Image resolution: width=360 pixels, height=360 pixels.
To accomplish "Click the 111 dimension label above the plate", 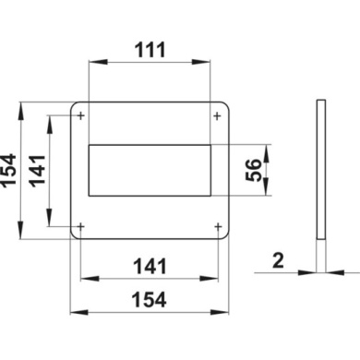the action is click(150, 50).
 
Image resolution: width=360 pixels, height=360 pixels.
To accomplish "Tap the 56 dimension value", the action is click(254, 170).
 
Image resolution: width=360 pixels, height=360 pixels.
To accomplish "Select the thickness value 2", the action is click(278, 261).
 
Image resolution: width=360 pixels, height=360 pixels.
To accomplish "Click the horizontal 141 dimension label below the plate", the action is click(150, 267).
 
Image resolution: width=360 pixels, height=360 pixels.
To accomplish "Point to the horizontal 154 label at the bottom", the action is click(150, 300).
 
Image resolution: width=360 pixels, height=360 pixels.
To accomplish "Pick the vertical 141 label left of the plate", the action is click(38, 171).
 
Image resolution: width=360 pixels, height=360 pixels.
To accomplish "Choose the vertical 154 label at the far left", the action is click(8, 170).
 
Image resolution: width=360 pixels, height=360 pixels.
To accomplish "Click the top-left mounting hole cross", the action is click(80, 116).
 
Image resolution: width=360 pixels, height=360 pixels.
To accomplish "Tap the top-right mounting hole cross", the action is click(217, 116).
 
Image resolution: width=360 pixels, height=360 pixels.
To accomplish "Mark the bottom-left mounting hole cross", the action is click(80, 227).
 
